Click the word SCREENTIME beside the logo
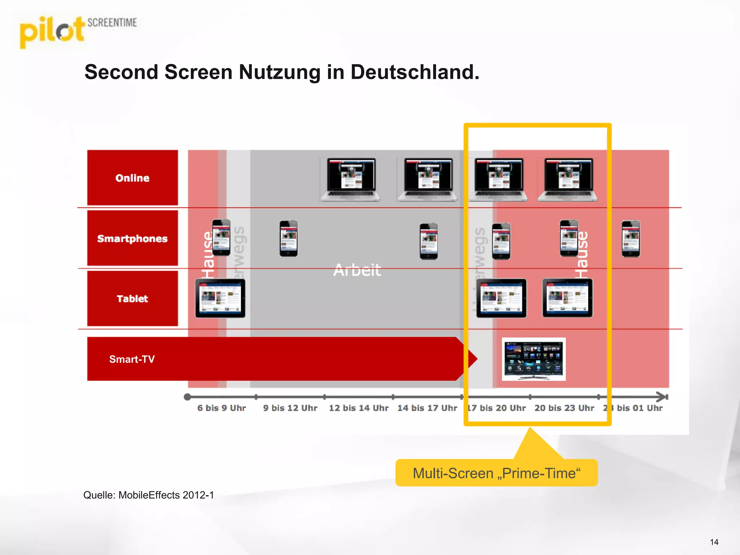pyautogui.click(x=112, y=23)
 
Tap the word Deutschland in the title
pyautogui.click(x=414, y=72)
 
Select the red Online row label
pyautogui.click(x=132, y=178)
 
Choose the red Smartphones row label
pyautogui.click(x=132, y=238)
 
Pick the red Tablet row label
pyautogui.click(x=132, y=299)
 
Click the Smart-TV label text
pyautogui.click(x=132, y=359)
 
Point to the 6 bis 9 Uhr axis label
pyautogui.click(x=221, y=408)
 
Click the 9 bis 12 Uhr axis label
pyautogui.click(x=290, y=408)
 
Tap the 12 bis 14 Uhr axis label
pyautogui.click(x=358, y=408)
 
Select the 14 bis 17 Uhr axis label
pyautogui.click(x=427, y=408)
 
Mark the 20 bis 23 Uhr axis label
pyautogui.click(x=564, y=408)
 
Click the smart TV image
pyautogui.click(x=534, y=359)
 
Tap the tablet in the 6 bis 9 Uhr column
pyautogui.click(x=220, y=298)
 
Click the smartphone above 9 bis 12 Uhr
pyautogui.click(x=288, y=238)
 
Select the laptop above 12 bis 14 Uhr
pyautogui.click(x=350, y=179)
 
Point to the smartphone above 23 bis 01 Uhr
pyautogui.click(x=631, y=239)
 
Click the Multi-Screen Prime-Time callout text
pyautogui.click(x=496, y=473)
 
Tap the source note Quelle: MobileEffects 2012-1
pyautogui.click(x=149, y=495)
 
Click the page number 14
pyautogui.click(x=714, y=542)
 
